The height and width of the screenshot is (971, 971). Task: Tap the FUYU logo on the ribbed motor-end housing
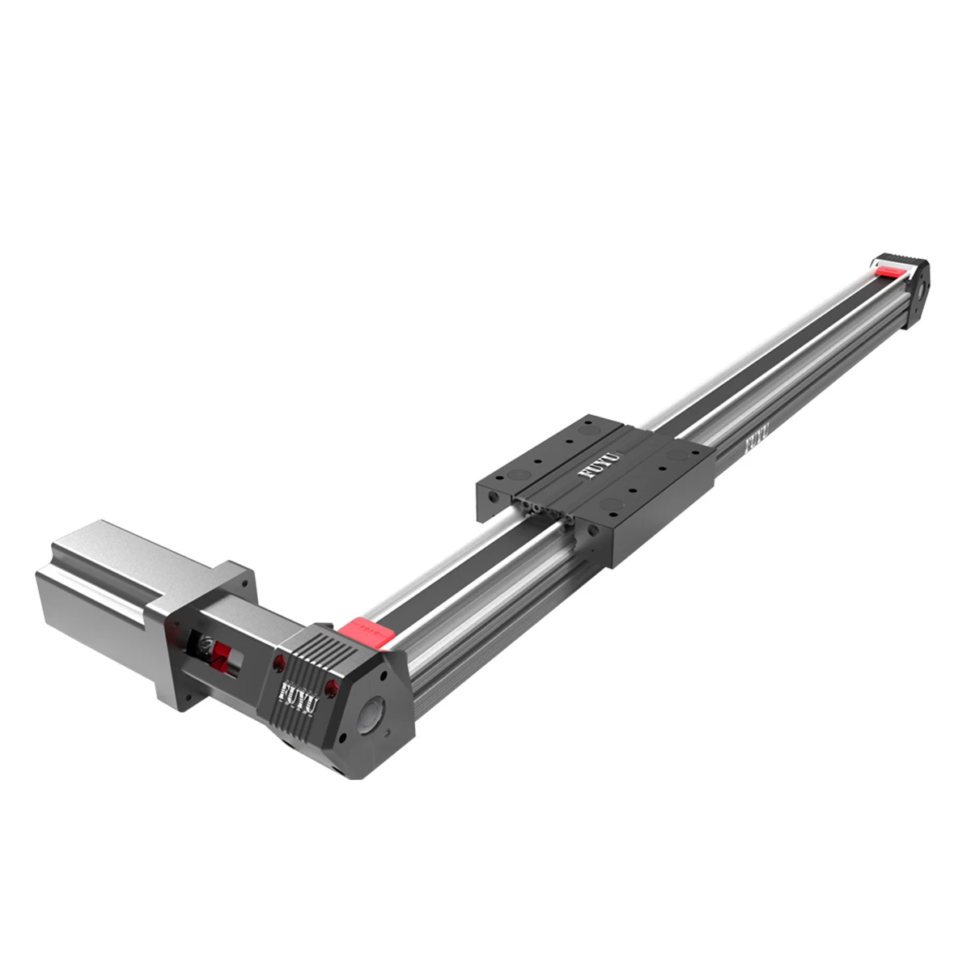tap(299, 693)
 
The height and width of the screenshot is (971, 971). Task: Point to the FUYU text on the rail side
tap(755, 439)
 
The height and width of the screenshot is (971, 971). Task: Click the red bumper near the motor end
tap(367, 630)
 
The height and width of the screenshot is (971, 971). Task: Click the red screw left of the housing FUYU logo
tap(279, 664)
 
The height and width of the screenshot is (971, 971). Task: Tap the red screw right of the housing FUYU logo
tap(330, 687)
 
